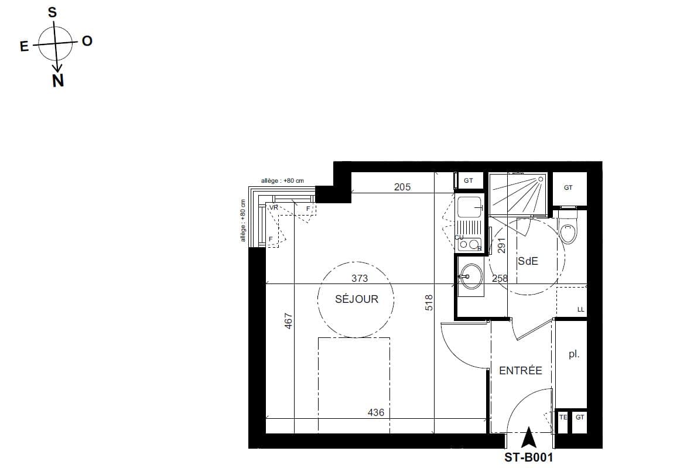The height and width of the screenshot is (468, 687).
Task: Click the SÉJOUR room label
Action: (357, 299)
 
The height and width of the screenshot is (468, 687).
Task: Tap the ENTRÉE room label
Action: (520, 371)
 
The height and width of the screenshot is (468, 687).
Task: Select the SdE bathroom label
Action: (527, 262)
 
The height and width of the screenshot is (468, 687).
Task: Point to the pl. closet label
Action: (573, 354)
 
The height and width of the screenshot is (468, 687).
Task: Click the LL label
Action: (580, 309)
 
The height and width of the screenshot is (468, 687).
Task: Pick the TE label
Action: (563, 418)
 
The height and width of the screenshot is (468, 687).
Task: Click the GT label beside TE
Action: (579, 418)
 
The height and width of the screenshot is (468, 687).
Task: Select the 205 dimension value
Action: (402, 187)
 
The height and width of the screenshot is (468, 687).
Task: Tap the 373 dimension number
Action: (360, 278)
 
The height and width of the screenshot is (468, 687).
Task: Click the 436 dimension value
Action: (375, 412)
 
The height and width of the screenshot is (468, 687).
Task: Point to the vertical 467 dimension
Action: (288, 322)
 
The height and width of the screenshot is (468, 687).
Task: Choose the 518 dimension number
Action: (429, 302)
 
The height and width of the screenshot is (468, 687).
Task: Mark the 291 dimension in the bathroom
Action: (500, 244)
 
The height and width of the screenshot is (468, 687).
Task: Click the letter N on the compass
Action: (58, 82)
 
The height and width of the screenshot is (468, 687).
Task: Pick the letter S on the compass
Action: (52, 12)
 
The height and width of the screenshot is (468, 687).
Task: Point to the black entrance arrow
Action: (529, 437)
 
